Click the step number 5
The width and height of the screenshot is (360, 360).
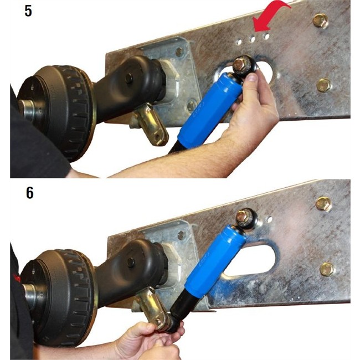pyautogui.click(x=28, y=11)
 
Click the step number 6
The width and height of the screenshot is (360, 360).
pyautogui.click(x=29, y=193)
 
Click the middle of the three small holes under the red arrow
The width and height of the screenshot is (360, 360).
pyautogui.click(x=253, y=39)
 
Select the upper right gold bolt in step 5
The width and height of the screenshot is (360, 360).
pyautogui.click(x=321, y=20)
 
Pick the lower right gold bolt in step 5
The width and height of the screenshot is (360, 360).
pyautogui.click(x=324, y=85)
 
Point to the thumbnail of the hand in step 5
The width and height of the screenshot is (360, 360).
pyautogui.click(x=253, y=77)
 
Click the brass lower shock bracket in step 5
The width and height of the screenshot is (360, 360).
pyautogui.click(x=152, y=124)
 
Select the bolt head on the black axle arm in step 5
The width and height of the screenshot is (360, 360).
pyautogui.click(x=129, y=79)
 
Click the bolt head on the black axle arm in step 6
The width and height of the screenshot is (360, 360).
pyautogui.click(x=131, y=262)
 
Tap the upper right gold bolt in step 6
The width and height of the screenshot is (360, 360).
pyautogui.click(x=324, y=204)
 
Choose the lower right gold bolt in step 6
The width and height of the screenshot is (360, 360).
pyautogui.click(x=327, y=269)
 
